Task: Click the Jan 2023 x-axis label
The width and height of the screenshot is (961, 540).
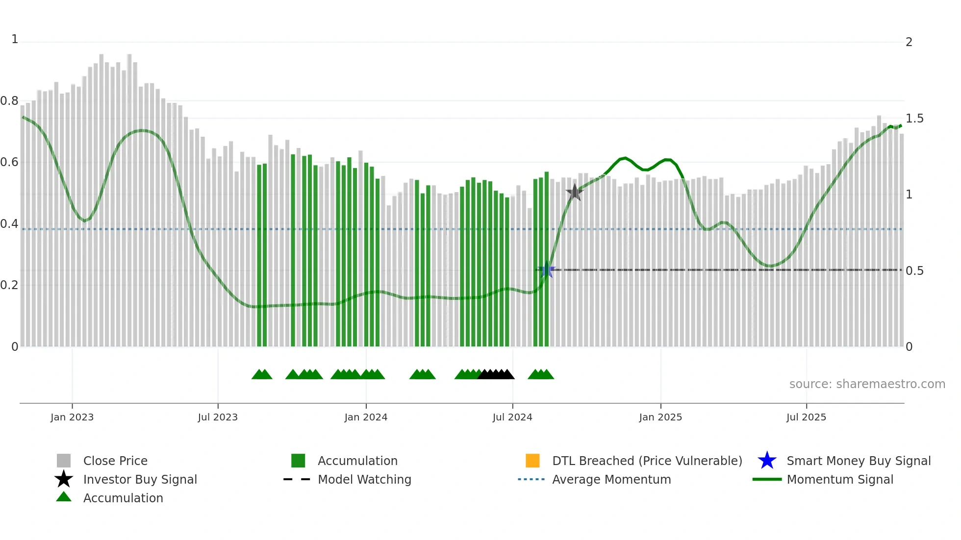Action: (x=72, y=417)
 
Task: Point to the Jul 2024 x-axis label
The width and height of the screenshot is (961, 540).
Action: (x=512, y=417)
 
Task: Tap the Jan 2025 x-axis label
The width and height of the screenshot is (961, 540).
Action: (x=660, y=417)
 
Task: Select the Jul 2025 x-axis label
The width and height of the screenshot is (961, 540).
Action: (x=806, y=417)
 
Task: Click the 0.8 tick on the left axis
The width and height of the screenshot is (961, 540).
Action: (x=9, y=101)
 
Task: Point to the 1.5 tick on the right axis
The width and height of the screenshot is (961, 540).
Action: (x=914, y=119)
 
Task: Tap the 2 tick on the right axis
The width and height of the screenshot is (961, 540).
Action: (x=909, y=42)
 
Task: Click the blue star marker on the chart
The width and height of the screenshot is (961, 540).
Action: (x=547, y=270)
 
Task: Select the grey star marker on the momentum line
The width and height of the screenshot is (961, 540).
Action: (x=574, y=193)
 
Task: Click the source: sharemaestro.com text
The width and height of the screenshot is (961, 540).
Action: (x=867, y=384)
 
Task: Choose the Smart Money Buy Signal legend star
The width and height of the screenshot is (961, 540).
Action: (x=767, y=461)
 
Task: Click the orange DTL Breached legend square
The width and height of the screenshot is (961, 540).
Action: (x=532, y=461)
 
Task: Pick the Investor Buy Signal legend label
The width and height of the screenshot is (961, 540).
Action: (x=140, y=479)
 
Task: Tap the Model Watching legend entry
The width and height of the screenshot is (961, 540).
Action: (x=364, y=479)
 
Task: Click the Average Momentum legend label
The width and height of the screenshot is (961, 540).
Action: (x=611, y=479)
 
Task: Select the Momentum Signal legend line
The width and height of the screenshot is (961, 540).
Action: (x=767, y=479)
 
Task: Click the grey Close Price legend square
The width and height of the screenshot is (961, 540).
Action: (x=64, y=461)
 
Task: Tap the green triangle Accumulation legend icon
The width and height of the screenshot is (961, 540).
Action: (x=64, y=497)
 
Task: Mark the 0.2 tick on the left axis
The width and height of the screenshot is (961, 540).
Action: (x=9, y=285)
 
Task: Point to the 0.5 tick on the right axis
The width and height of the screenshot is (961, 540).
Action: (x=914, y=271)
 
